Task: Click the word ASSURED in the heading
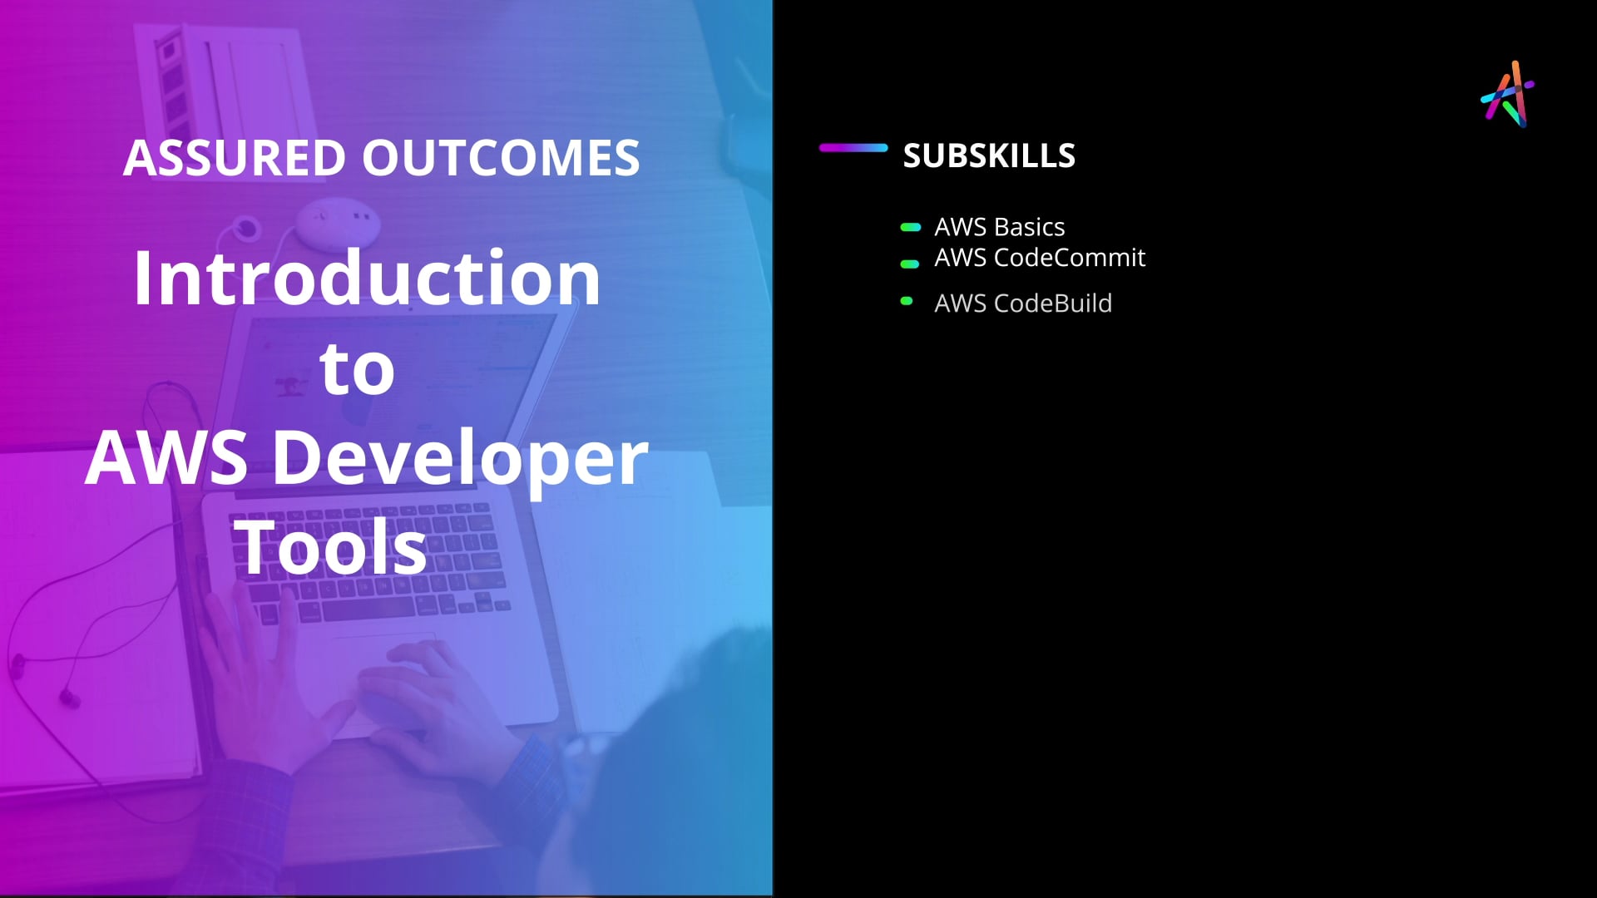(x=234, y=158)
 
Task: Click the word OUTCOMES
(x=501, y=158)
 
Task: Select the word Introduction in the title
(x=367, y=278)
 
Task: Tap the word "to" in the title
(x=358, y=369)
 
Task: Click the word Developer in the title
(x=460, y=460)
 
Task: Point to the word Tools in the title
(x=330, y=547)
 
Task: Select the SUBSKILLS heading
(x=989, y=155)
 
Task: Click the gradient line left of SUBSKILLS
(x=853, y=148)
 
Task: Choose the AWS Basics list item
(x=999, y=227)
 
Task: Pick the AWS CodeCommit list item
(x=1040, y=258)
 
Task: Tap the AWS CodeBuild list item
(x=1023, y=303)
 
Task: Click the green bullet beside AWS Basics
(x=911, y=227)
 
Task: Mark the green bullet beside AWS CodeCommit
(x=910, y=264)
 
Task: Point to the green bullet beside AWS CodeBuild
(x=907, y=301)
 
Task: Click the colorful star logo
(x=1508, y=94)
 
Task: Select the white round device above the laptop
(x=338, y=222)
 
